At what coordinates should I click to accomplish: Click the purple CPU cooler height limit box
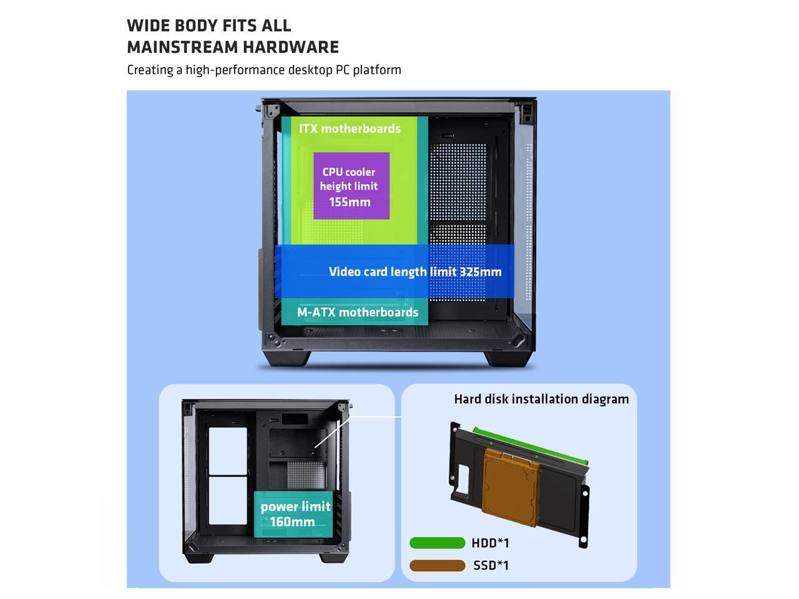351,186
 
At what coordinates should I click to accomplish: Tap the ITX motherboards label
350,129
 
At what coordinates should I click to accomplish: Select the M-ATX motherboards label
358,312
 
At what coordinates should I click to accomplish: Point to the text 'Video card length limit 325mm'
415,271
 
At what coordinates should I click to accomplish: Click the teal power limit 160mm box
292,514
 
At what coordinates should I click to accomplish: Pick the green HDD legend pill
437,543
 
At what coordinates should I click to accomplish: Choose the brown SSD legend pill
437,565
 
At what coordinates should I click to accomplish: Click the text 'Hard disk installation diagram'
541,399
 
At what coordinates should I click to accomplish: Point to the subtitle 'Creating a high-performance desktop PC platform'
264,70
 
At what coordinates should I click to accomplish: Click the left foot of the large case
287,359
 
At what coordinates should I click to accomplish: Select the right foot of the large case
509,359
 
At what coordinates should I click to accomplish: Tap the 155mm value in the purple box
350,202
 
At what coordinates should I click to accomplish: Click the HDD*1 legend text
491,543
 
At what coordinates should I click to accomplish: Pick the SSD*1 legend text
491,565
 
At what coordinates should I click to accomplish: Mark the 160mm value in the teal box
292,522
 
